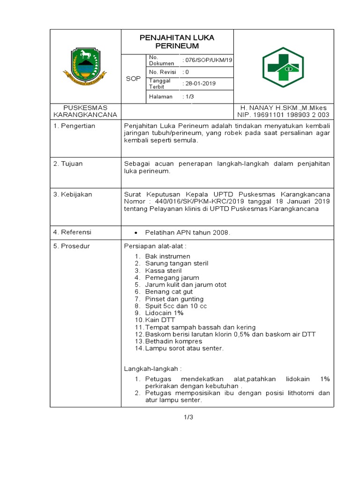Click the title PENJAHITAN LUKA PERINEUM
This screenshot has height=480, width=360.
(x=177, y=42)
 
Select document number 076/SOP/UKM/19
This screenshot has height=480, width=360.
(x=204, y=60)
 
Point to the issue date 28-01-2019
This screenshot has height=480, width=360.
(x=200, y=83)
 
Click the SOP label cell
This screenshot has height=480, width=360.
(x=133, y=79)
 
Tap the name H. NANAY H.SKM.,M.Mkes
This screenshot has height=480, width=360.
(x=283, y=108)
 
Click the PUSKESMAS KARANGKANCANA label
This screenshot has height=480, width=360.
(x=85, y=111)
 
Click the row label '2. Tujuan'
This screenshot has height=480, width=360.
(x=68, y=164)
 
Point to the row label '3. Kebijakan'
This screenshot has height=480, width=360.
(x=73, y=194)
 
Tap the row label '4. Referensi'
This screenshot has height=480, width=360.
(x=72, y=232)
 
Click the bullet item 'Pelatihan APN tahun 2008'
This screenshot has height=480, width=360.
(x=187, y=232)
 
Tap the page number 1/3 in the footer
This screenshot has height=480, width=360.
(x=188, y=418)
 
